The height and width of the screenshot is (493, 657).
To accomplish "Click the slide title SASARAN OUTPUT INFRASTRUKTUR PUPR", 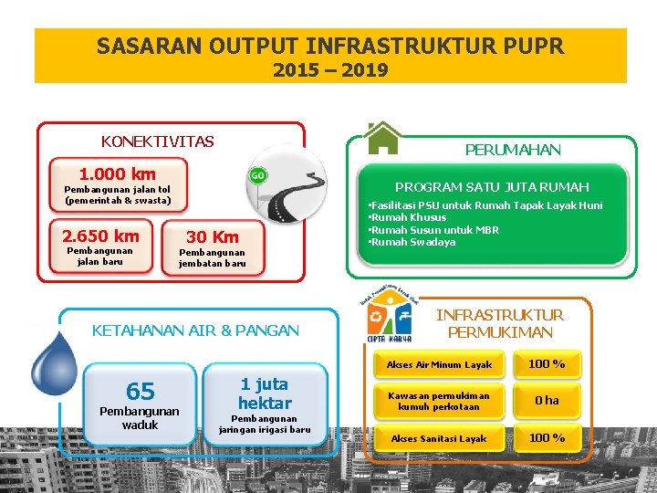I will [330, 46].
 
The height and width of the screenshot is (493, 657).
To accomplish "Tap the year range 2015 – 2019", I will [330, 70].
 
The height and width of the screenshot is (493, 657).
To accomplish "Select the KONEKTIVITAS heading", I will [158, 142].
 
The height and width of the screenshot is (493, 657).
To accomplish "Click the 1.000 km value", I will [118, 173].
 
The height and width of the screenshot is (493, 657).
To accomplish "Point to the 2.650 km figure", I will [100, 236].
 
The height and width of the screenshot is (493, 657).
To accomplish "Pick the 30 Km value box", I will [213, 237].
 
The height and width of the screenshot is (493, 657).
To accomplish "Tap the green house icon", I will [382, 138].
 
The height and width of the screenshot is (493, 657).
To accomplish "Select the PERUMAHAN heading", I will [513, 150].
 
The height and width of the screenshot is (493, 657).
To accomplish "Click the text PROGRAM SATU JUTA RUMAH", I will [492, 186].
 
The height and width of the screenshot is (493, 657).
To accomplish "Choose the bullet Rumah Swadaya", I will [412, 242].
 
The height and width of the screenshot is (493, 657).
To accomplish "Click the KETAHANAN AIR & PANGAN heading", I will [195, 330].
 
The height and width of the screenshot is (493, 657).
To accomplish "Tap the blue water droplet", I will [54, 362].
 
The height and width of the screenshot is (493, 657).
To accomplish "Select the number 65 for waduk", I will [140, 392].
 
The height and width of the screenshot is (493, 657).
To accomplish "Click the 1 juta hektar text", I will [265, 393].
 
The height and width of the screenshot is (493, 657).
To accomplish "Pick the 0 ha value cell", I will [547, 401].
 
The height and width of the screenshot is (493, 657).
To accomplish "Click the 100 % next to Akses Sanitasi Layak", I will [547, 438].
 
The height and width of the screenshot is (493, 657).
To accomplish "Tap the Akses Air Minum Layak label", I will [439, 365].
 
